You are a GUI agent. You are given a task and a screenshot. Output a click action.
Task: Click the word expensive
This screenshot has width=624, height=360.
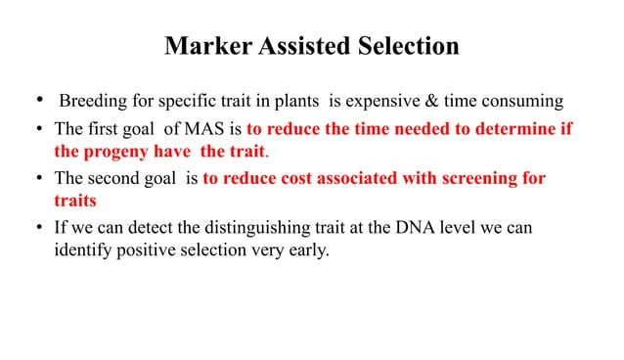coord(375,101)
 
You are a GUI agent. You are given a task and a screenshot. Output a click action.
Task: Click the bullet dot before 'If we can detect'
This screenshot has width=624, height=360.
coord(38,231)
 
